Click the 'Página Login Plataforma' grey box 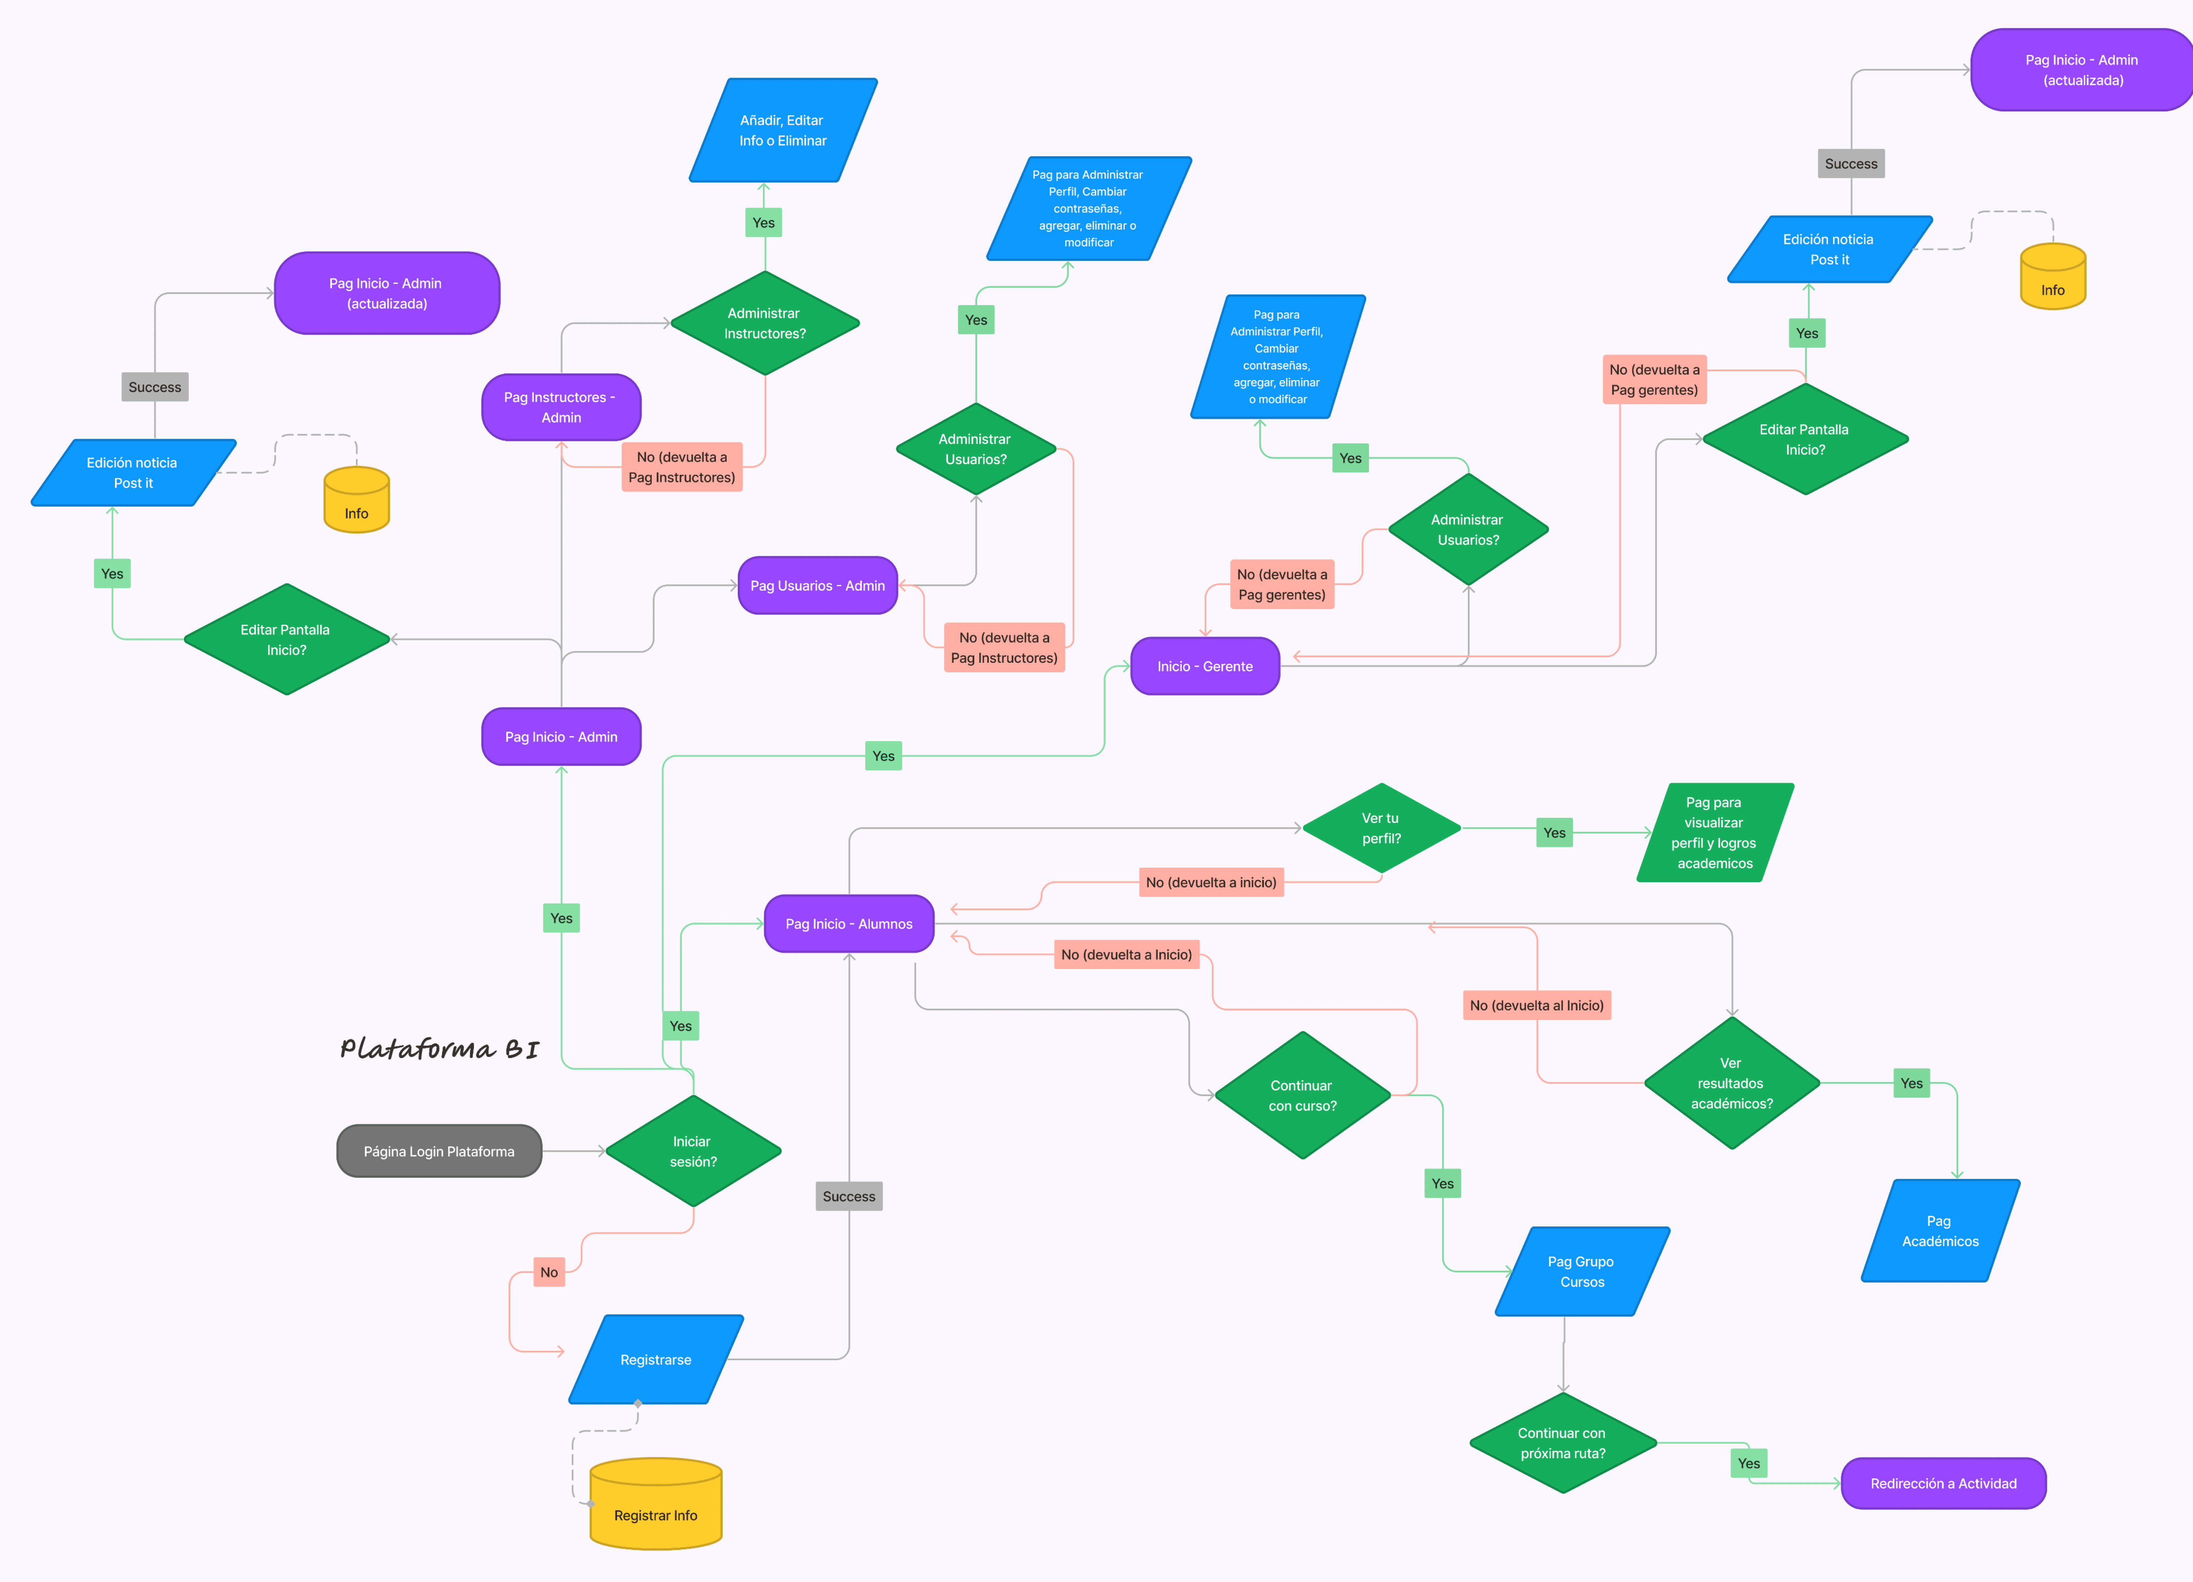point(439,1151)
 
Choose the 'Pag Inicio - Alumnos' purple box point(849,924)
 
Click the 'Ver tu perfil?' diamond point(1381,828)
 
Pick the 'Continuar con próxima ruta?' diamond point(1563,1443)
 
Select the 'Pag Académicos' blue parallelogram point(1940,1231)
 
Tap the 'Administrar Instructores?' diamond point(765,323)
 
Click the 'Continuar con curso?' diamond point(1302,1096)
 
